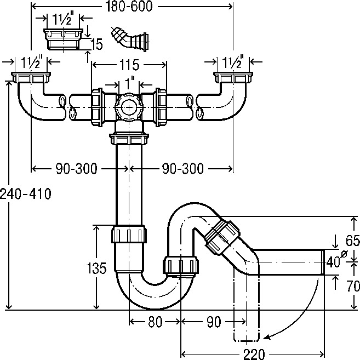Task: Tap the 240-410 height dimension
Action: tap(26, 193)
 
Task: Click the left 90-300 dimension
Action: tap(77, 168)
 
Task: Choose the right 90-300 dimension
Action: tap(182, 168)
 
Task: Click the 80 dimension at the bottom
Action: tap(155, 322)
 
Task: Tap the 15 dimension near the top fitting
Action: tap(96, 44)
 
